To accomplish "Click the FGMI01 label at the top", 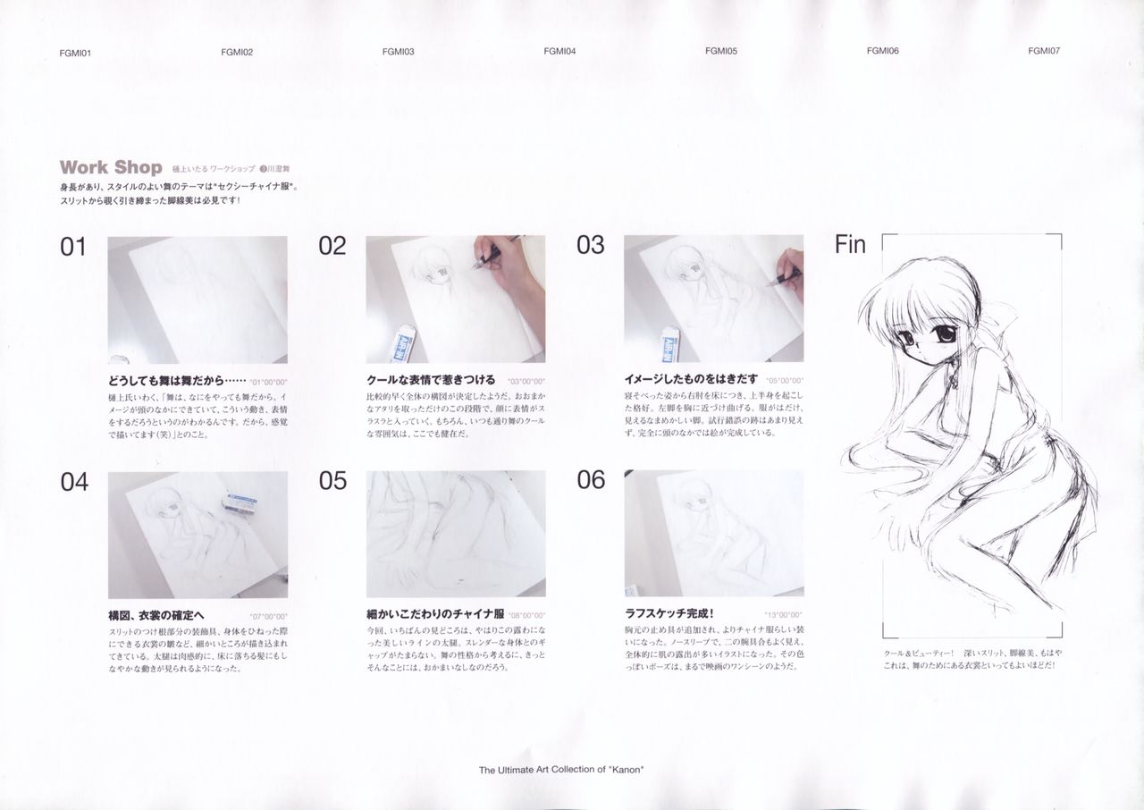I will tap(75, 53).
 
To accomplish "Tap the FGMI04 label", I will tap(559, 52).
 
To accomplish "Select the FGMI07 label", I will tap(1044, 51).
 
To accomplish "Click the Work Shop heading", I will tap(111, 167).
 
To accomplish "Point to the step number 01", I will tap(73, 247).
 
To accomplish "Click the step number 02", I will tap(332, 247).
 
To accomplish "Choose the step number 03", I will tap(590, 246).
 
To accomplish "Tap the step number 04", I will tap(74, 483).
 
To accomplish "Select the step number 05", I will tap(332, 481).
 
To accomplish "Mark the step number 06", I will tap(591, 480).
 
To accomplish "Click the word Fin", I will tap(849, 245).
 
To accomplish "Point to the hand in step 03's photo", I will tap(789, 271).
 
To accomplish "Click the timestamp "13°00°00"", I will tap(784, 615).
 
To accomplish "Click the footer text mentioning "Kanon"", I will tap(561, 769).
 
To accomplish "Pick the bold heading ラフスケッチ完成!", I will tap(669, 614).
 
